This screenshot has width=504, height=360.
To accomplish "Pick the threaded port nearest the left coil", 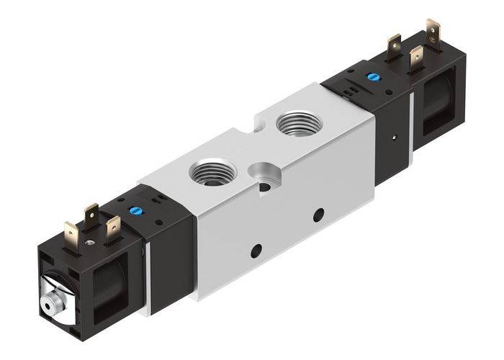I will [206, 173].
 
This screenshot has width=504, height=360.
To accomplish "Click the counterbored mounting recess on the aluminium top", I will [261, 174].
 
